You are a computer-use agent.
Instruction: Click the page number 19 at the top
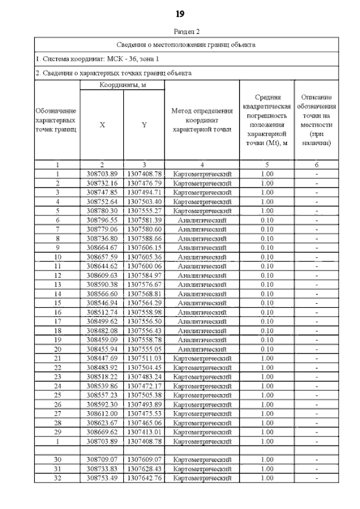coord(180,13)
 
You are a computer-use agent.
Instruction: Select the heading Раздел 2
coord(180,32)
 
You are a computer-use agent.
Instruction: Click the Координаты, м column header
coord(123,85)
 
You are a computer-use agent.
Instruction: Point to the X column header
coord(102,125)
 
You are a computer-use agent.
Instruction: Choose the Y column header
coord(144,125)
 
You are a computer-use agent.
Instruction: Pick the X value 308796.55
coord(102,220)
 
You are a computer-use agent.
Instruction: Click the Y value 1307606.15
coord(145,247)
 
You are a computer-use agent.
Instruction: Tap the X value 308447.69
coord(102,358)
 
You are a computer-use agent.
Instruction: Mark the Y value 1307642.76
coord(145,478)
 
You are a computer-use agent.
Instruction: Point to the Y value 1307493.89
coord(145,404)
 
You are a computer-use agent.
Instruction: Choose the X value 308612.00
coord(102,413)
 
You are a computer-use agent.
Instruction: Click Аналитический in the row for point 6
coord(202,220)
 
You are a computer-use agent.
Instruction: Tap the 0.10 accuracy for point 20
coord(267,349)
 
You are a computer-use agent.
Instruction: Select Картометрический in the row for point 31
coord(202,469)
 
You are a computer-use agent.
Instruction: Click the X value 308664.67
coord(102,247)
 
